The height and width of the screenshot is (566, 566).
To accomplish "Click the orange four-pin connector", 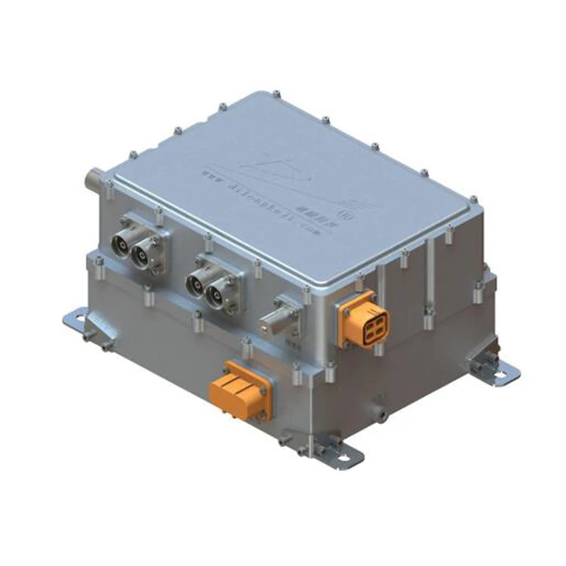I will (365, 318).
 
